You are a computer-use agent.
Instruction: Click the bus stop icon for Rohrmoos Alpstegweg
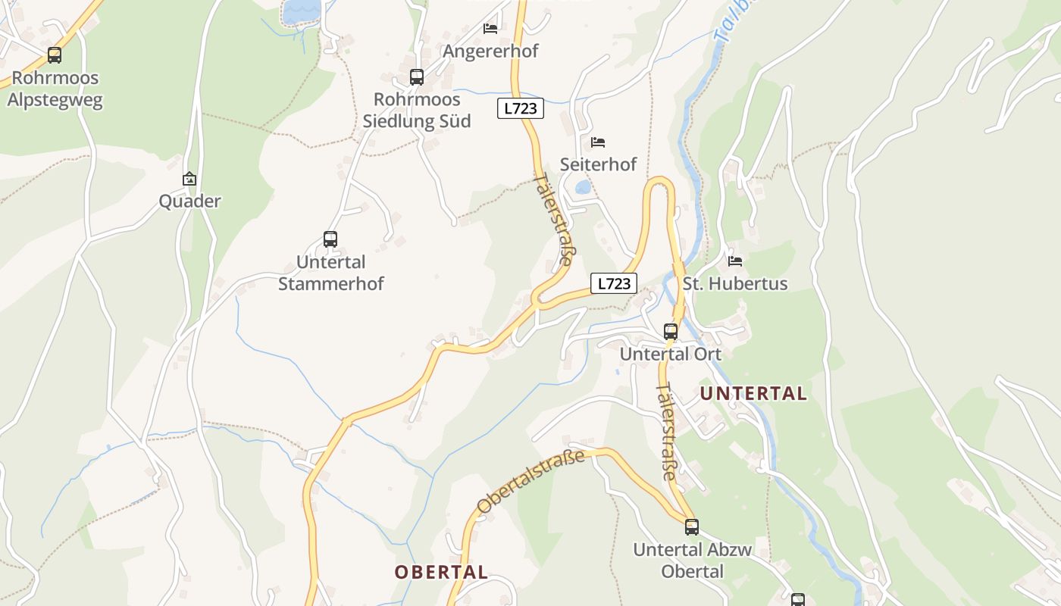tap(54, 55)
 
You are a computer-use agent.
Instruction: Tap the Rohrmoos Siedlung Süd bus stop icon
tap(417, 77)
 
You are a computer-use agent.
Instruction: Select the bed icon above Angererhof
tap(490, 28)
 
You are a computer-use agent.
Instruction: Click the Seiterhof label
tap(598, 164)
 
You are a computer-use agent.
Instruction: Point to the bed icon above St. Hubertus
tap(734, 261)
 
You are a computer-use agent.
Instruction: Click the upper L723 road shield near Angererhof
tap(521, 108)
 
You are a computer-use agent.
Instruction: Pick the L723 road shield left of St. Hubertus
tap(614, 283)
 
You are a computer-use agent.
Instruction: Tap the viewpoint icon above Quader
tap(189, 179)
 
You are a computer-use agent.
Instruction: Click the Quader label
tap(189, 201)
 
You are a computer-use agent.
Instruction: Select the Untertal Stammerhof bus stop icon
tap(330, 239)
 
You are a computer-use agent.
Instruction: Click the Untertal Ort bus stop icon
tap(671, 331)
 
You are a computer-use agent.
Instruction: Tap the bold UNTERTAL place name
tap(753, 393)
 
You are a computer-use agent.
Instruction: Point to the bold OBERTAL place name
tap(441, 572)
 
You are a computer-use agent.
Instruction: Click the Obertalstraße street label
tap(531, 480)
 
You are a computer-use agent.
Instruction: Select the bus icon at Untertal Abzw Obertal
tap(692, 526)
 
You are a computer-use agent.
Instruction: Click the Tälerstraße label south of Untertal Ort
tap(666, 432)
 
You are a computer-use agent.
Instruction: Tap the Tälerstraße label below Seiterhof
tap(553, 218)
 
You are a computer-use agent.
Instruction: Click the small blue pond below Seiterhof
tap(583, 187)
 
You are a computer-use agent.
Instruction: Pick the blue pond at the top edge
tap(302, 11)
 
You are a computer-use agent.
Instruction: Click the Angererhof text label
tap(490, 51)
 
